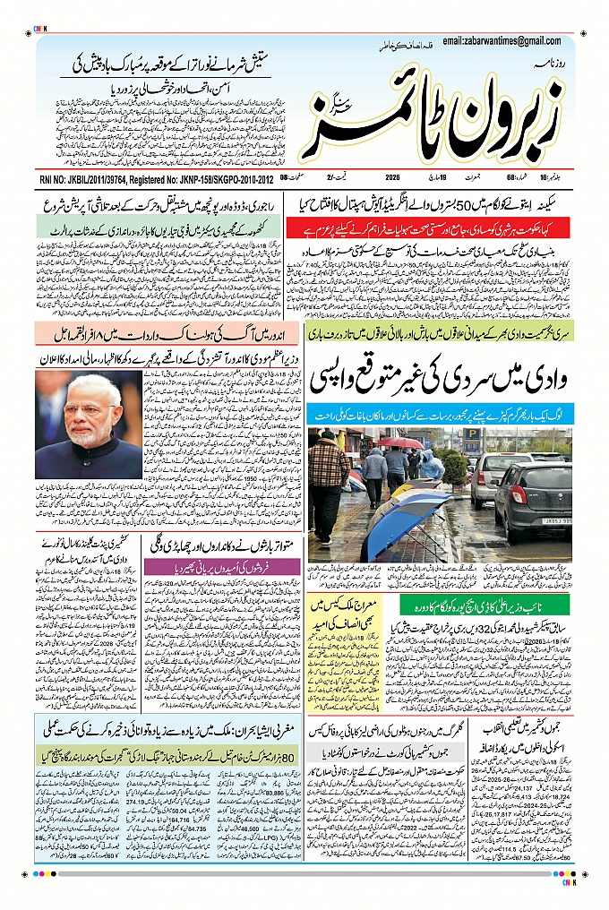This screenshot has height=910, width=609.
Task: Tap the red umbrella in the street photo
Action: (399, 443)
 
